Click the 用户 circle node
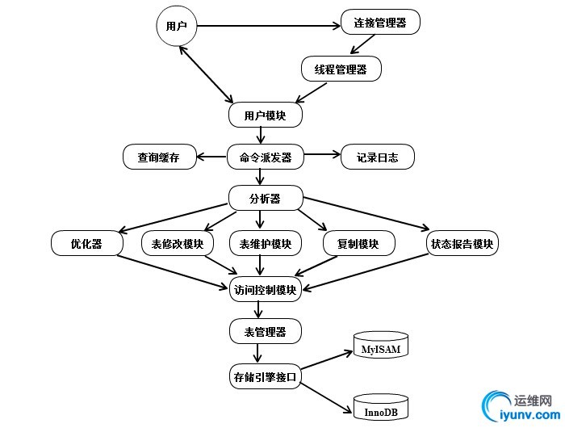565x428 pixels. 177,27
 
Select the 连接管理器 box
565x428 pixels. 380,23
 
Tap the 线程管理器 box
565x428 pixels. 341,69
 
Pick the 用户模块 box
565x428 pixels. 265,115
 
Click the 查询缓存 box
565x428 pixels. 160,157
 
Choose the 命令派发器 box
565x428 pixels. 266,157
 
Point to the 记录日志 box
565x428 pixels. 378,157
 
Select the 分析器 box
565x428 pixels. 266,198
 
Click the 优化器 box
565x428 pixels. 86,243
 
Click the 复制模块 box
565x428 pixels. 358,243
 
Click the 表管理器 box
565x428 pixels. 266,331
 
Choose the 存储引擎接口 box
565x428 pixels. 266,376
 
